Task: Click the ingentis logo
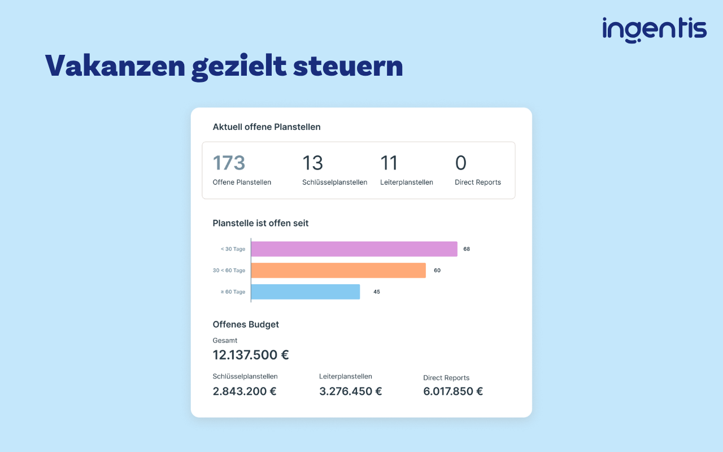click(x=654, y=30)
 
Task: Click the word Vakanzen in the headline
click(x=115, y=66)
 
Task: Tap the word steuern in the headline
click(x=348, y=67)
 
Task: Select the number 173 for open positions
click(x=229, y=162)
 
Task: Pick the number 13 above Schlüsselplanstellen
click(x=312, y=162)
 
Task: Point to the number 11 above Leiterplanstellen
click(x=389, y=162)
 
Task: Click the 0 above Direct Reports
click(x=460, y=162)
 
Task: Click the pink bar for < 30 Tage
click(x=354, y=249)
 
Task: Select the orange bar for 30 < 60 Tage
click(x=338, y=270)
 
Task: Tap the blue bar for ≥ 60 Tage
click(x=306, y=292)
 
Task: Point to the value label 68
click(x=467, y=249)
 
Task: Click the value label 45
click(x=377, y=292)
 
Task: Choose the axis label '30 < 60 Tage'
click(x=229, y=270)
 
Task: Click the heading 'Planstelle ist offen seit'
click(x=260, y=223)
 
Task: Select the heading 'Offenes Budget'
click(x=246, y=324)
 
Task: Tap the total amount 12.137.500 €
click(x=250, y=355)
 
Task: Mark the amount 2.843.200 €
click(x=245, y=392)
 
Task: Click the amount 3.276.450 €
click(x=351, y=392)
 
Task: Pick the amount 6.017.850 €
click(x=453, y=392)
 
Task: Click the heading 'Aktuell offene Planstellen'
click(x=266, y=127)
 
